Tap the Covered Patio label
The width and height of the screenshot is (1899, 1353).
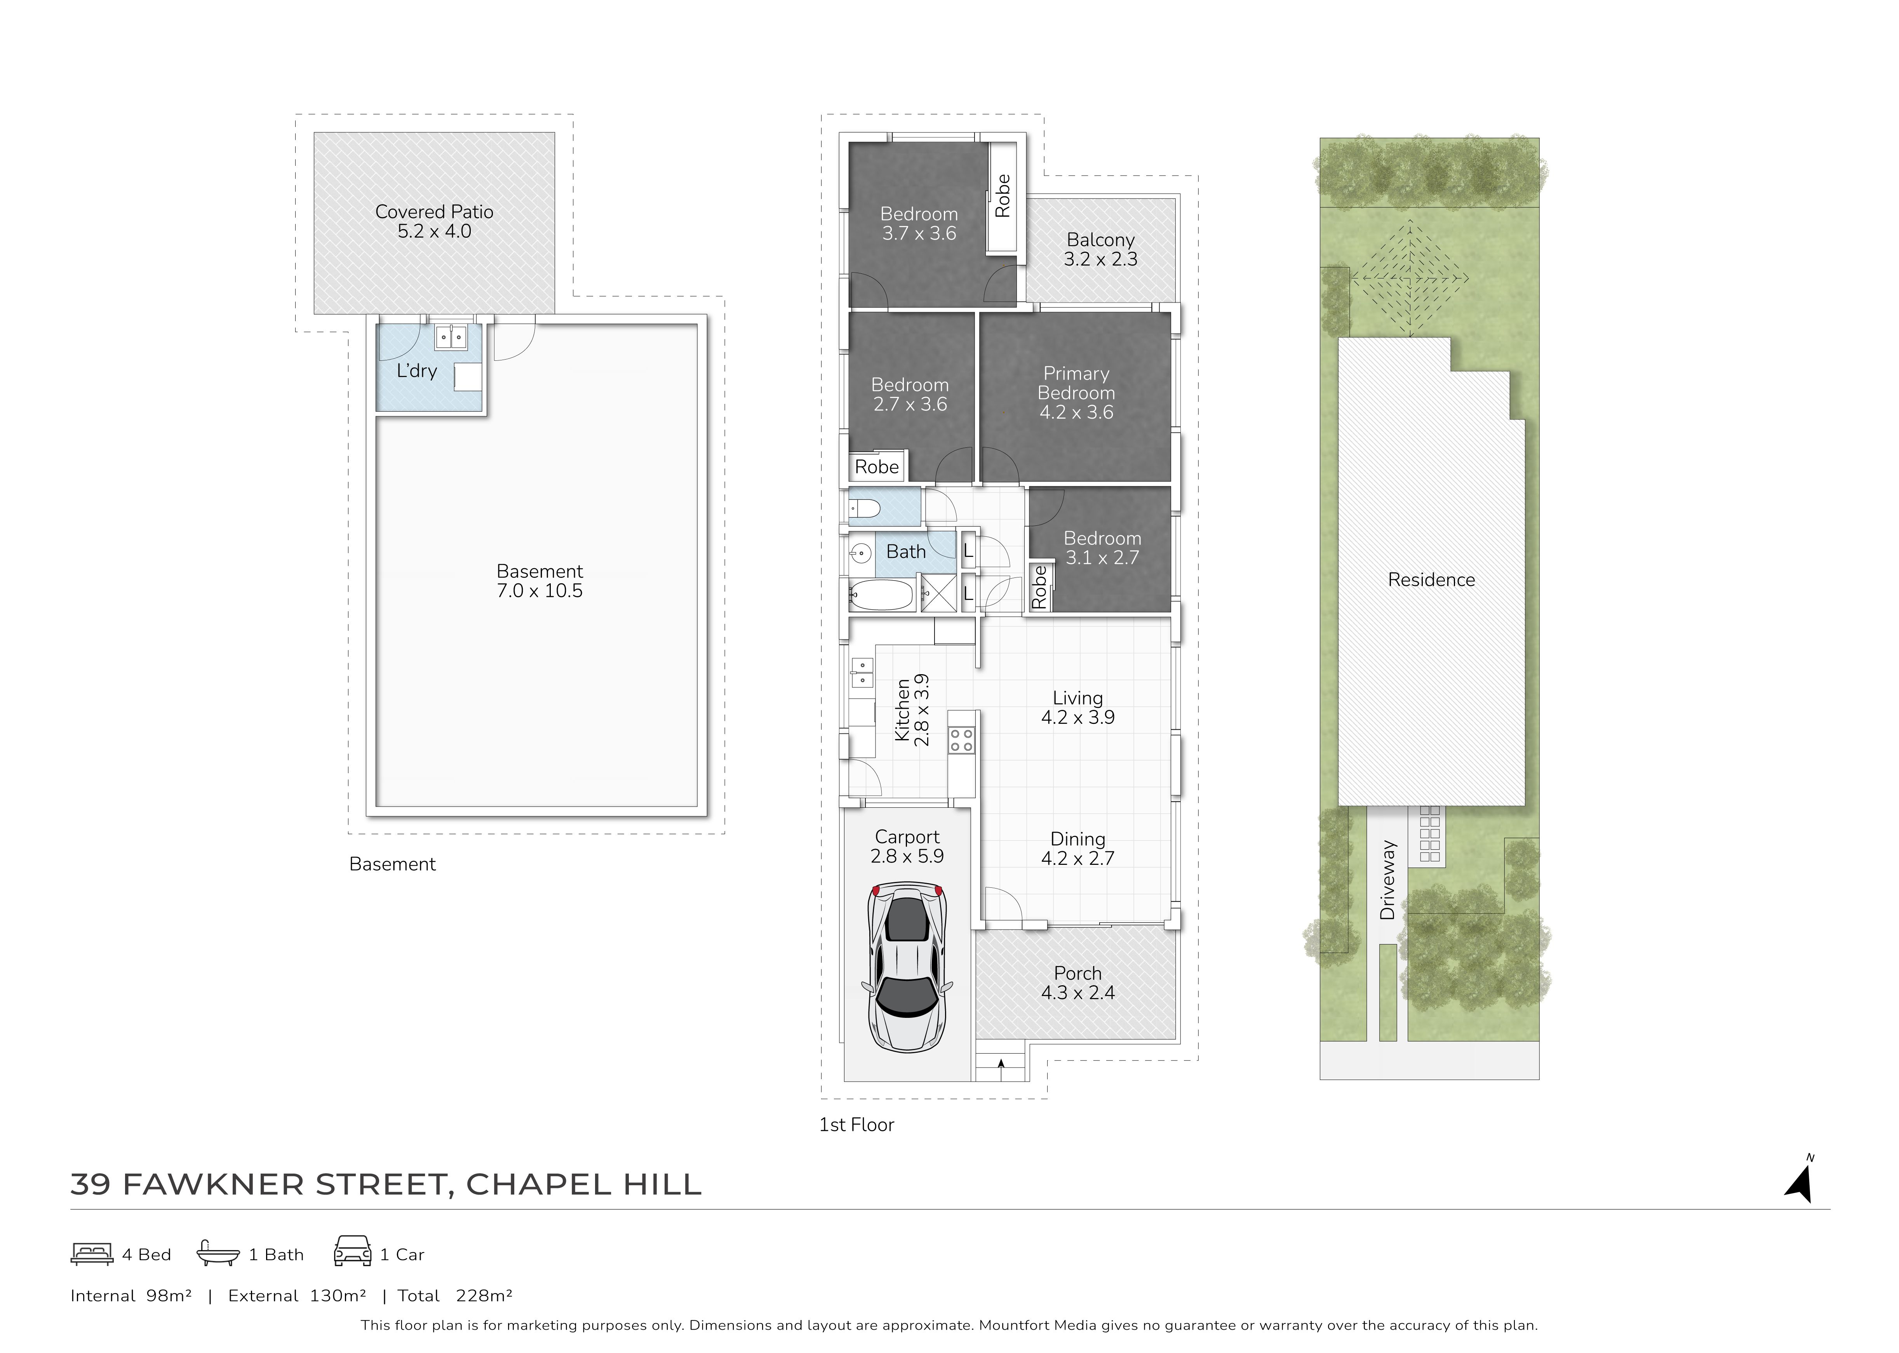coord(434,212)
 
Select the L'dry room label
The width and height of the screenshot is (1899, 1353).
coord(417,371)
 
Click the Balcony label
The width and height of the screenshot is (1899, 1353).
coord(1101,240)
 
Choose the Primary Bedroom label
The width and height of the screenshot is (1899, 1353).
coord(1076,383)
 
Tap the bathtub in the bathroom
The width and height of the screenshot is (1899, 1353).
coord(881,595)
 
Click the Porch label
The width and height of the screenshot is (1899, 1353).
coord(1077,973)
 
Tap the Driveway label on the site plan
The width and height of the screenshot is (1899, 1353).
coord(1387,880)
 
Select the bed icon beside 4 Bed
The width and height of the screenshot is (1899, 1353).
coord(92,1254)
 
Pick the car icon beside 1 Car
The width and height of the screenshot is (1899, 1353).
coord(352,1251)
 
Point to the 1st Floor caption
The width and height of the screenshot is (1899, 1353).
coord(856,1125)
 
